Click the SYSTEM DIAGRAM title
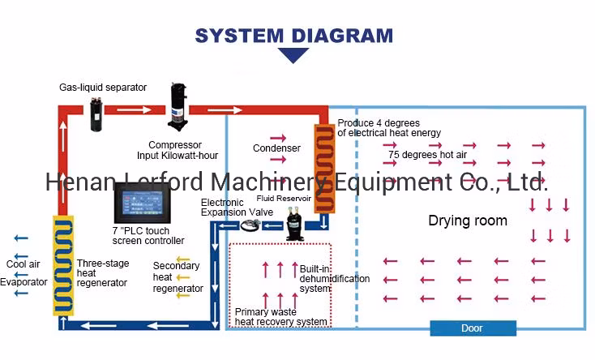tap(293, 35)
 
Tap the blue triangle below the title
tap(293, 55)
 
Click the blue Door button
tap(472, 328)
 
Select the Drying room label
tap(468, 221)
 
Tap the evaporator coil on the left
tap(63, 264)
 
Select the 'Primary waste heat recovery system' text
tap(281, 316)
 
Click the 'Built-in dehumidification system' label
tap(334, 278)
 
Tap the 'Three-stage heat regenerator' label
tap(102, 272)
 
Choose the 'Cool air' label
tap(22, 264)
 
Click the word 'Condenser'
tap(276, 148)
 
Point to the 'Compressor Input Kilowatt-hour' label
tap(176, 150)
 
